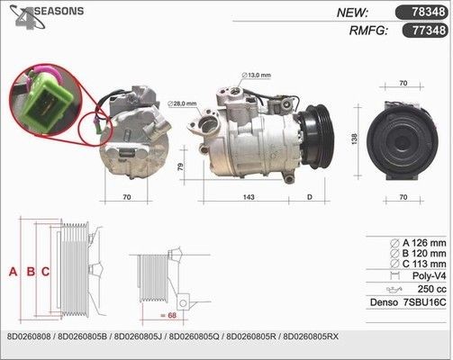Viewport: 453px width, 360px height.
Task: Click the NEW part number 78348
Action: coord(428,12)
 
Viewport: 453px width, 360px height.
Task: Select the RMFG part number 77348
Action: coord(429,31)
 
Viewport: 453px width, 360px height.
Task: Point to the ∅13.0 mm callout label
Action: coord(256,75)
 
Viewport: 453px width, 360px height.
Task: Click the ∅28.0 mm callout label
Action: coord(182,103)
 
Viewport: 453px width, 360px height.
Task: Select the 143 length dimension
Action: coord(249,197)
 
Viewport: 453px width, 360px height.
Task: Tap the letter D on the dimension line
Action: coord(310,197)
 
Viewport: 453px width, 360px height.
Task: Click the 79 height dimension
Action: coord(180,166)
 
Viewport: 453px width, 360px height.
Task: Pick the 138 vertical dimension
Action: coord(354,139)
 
